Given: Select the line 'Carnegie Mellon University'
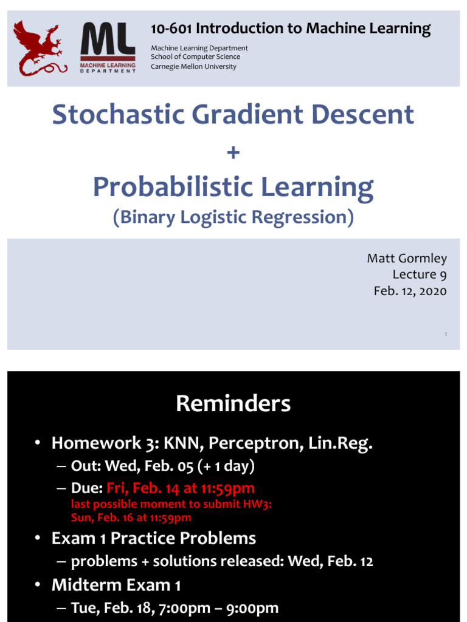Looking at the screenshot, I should [x=193, y=66].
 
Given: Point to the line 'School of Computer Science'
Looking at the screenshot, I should [x=195, y=57].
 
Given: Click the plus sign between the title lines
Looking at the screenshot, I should [x=233, y=152].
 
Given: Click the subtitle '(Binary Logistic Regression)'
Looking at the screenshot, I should [x=233, y=217].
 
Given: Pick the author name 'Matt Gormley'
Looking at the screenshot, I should [x=406, y=259].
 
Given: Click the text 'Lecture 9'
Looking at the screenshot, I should [x=419, y=275].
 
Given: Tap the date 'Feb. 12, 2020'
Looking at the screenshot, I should [x=410, y=291].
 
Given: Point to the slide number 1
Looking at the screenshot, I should [x=446, y=334].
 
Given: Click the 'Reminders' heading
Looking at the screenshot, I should [x=233, y=404].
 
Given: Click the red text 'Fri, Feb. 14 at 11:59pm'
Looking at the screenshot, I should [x=181, y=488].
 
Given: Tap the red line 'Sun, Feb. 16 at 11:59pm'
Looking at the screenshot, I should [x=131, y=518].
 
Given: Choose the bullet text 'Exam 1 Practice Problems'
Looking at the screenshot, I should [x=154, y=538].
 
